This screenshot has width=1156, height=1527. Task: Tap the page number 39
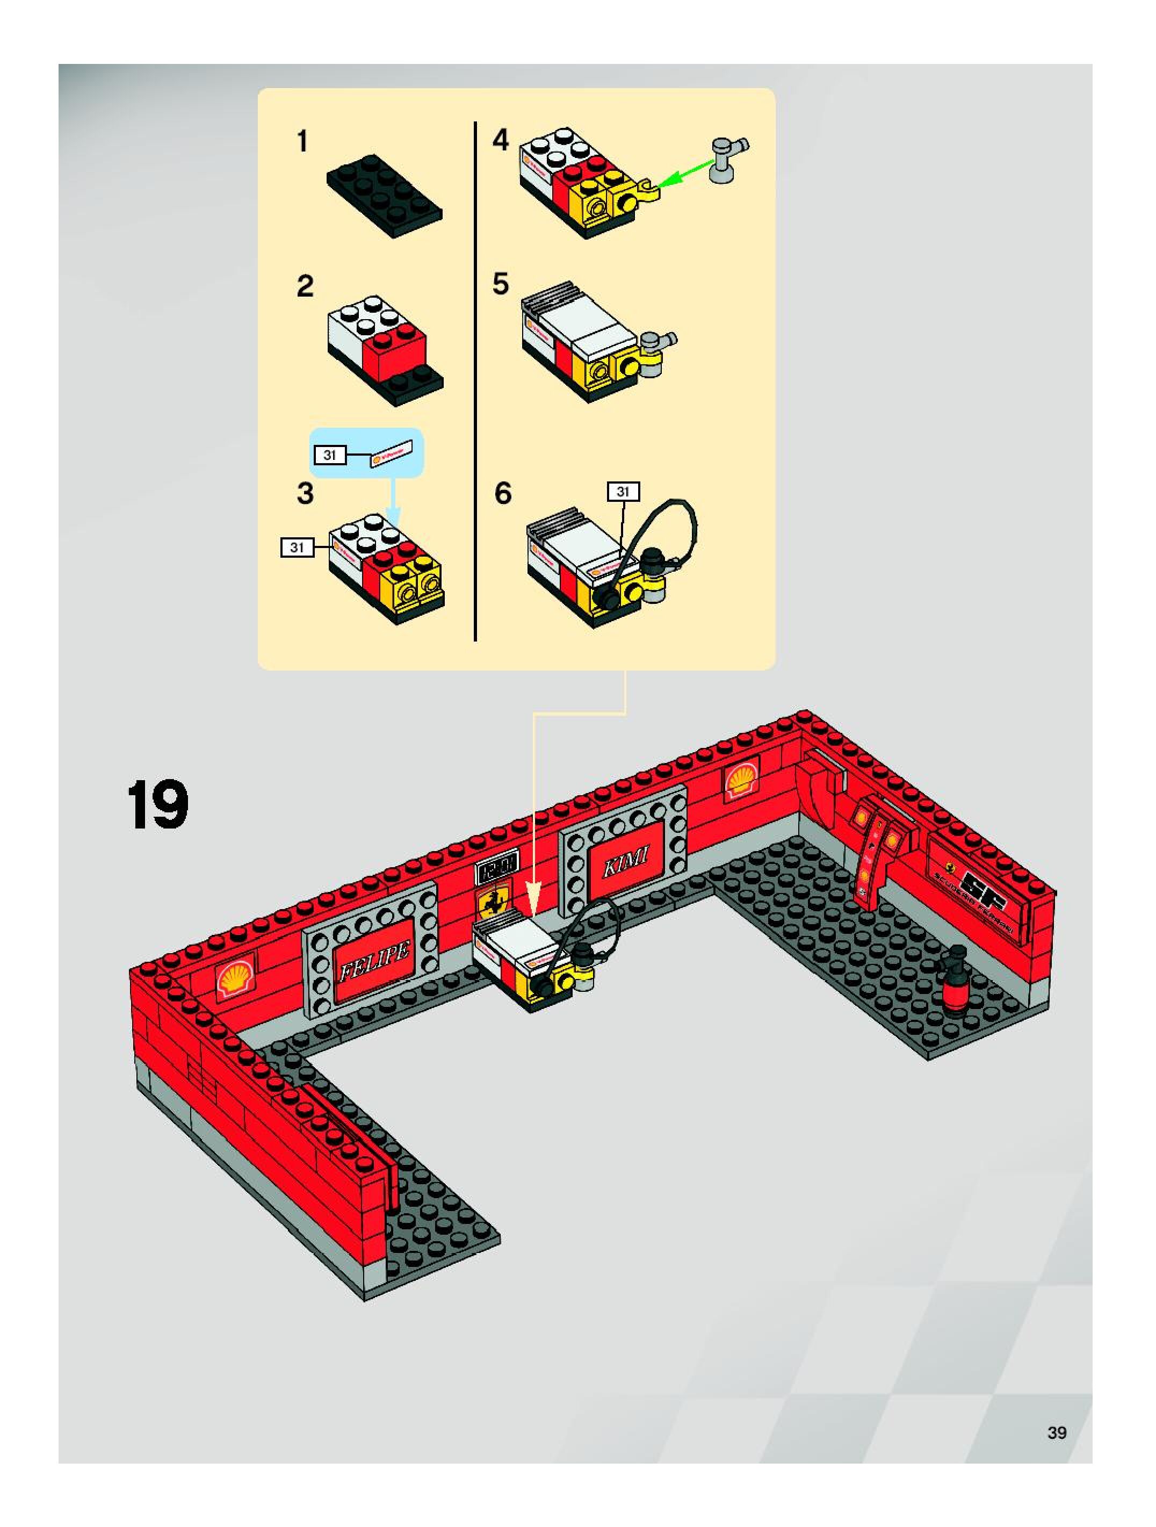1057,1432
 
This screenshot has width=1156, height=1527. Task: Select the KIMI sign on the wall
626,860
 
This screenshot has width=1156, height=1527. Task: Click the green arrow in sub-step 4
684,172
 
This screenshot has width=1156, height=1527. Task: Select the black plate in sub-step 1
384,194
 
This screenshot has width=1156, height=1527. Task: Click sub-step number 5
500,283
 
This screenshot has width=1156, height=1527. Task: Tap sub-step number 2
305,286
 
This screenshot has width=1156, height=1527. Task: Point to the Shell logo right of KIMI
740,780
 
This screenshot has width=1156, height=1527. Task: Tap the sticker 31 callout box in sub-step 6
623,492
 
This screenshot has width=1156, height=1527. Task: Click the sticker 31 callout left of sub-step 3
297,548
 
